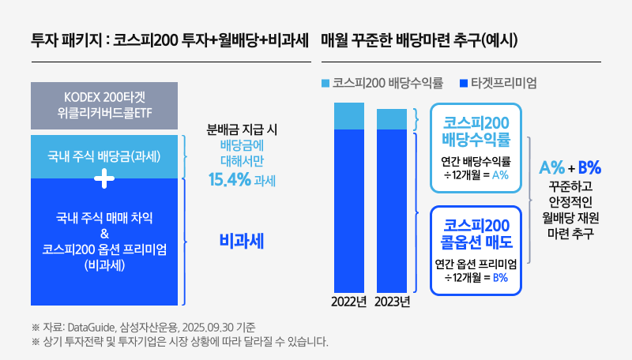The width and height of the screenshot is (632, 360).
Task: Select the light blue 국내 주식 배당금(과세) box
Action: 105,155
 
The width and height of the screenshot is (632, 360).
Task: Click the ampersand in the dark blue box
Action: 105,233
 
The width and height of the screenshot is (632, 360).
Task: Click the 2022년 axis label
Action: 348,301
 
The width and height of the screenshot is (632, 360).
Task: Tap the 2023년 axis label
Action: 392,301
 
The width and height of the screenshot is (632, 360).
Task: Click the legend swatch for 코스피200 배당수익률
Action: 326,82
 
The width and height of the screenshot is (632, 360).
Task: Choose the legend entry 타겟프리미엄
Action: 502,82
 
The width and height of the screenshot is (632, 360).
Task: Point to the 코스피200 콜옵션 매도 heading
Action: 476,232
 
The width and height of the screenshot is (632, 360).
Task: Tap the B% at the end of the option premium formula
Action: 500,277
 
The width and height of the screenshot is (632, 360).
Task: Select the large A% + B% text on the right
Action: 570,167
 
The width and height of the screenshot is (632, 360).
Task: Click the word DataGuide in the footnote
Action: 92,327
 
